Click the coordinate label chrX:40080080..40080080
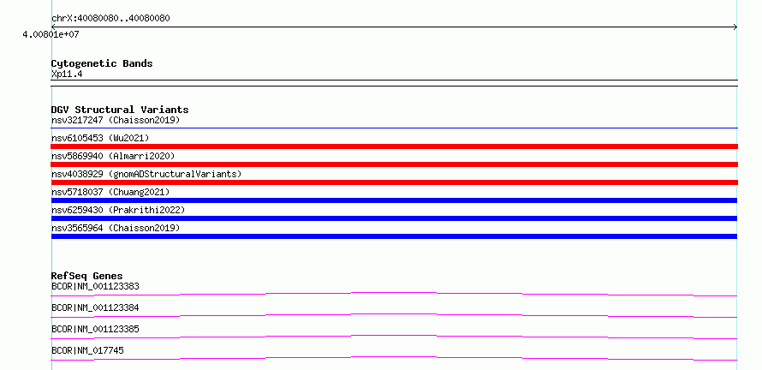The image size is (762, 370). coord(110,19)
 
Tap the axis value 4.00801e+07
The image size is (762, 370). coord(51,35)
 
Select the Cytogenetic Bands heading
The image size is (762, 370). coord(102,63)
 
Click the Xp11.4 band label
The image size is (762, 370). coord(67,75)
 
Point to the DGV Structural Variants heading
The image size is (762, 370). coord(120,110)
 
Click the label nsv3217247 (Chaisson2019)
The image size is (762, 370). coord(116,120)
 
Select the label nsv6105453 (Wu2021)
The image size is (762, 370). coord(100,138)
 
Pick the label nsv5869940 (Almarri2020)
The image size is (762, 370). coord(113,156)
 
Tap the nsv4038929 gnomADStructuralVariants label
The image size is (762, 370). coord(146,174)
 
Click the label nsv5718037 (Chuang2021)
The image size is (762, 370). coord(110,192)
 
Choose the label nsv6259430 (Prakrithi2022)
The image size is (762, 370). coord(118,210)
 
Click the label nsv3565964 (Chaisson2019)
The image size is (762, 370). coord(116,228)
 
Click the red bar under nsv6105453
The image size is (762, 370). coord(394,146)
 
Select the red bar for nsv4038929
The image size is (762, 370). coord(394,182)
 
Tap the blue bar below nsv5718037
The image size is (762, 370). coord(394,200)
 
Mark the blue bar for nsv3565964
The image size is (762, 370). coord(394,236)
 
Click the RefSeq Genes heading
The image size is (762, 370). coord(87,276)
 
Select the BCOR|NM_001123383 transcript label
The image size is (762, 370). coord(95,286)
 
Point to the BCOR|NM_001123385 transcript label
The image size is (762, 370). coord(95,329)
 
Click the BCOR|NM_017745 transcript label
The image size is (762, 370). coord(87,350)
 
